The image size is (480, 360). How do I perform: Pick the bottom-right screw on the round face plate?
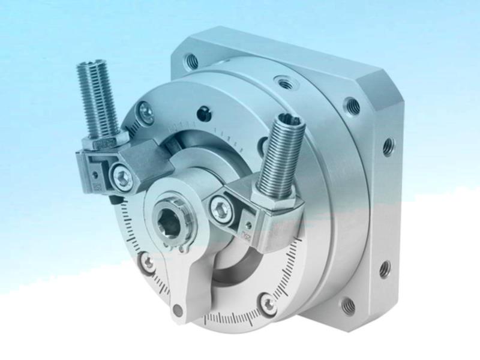coord(268,303)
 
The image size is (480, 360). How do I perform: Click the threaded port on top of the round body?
coord(286,83)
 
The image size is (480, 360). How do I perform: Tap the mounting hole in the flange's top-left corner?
coord(192,60)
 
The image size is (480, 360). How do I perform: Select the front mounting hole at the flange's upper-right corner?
coord(352,107)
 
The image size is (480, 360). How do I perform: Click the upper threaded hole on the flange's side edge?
coord(389,146)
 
